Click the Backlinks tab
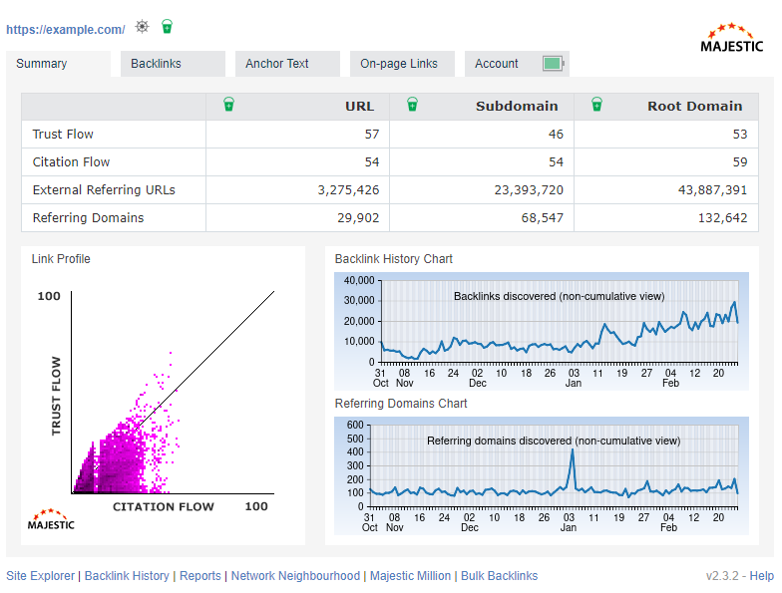157,64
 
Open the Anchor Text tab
277,64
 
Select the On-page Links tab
399,64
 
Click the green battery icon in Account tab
554,64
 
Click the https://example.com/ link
66,30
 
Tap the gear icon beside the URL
143,27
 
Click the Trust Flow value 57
371,135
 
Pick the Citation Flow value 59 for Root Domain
738,162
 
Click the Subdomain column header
517,107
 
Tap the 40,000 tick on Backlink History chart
357,281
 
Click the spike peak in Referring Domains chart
573,450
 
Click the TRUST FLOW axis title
57,396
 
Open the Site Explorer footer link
40,576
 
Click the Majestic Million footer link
411,576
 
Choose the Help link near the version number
762,576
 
